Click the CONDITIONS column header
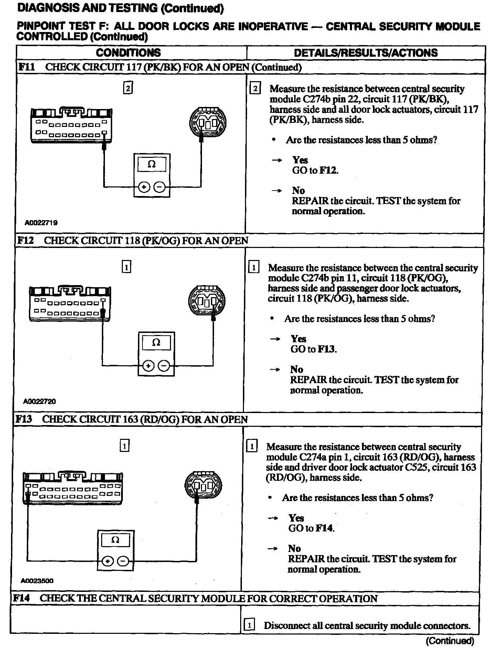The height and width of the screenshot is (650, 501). (128, 53)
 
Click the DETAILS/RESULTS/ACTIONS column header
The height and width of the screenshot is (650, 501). (366, 53)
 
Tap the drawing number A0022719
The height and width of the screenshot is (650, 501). (41, 223)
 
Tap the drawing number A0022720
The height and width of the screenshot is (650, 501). (40, 401)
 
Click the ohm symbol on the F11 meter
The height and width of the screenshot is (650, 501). (151, 164)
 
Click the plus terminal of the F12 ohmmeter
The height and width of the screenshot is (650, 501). (148, 366)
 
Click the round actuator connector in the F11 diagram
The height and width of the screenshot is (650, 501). (208, 123)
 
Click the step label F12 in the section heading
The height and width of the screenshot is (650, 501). (25, 240)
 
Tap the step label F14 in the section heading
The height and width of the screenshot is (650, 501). (21, 598)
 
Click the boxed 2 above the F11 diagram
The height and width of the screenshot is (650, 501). (128, 88)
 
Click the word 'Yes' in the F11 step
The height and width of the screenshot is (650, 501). (300, 160)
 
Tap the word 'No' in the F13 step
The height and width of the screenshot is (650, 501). (295, 548)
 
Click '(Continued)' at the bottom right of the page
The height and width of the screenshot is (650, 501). (449, 641)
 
